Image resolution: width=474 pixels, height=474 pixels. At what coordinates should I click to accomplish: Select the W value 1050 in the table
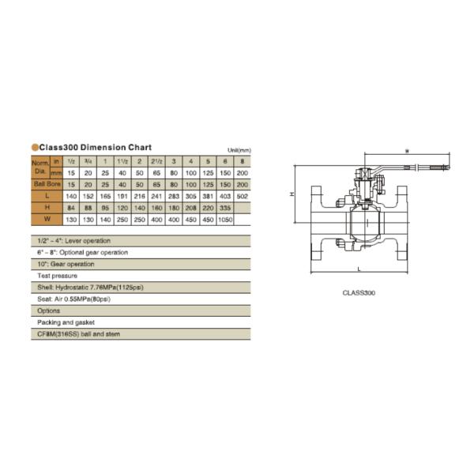(224, 219)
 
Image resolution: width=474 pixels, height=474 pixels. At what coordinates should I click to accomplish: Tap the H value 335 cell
(224, 208)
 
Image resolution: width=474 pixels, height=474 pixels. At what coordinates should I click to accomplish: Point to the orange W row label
(48, 219)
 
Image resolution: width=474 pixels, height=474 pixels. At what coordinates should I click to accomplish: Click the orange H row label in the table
(48, 208)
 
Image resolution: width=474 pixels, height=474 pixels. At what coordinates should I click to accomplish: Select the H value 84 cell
(71, 208)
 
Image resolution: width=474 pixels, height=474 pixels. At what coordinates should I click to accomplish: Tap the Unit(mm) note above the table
(239, 150)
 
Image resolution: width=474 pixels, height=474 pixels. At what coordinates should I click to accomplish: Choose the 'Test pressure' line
(58, 276)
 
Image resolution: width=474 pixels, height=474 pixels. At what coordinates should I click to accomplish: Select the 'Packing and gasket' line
(65, 323)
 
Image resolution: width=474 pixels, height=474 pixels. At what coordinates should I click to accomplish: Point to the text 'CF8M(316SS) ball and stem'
(81, 335)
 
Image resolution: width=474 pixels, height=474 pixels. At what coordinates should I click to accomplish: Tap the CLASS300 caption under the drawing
(359, 293)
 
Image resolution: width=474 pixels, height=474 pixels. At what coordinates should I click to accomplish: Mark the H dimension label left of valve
(292, 194)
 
